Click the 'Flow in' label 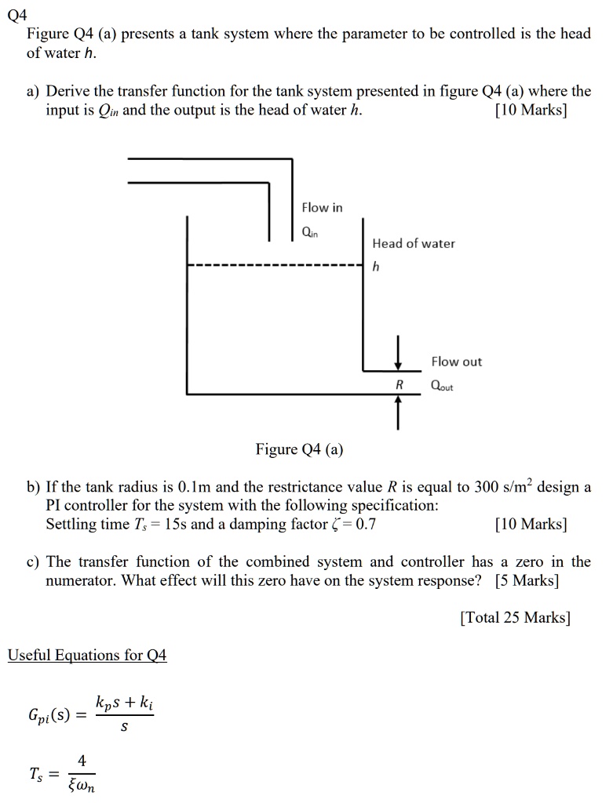pos(322,208)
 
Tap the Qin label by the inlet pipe pos(310,233)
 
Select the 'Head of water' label pos(414,244)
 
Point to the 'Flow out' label pos(456,362)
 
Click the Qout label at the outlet pos(442,387)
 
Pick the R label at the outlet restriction pos(399,386)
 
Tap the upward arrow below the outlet pos(399,412)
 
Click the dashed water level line pos(275,266)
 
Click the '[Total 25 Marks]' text pos(515,617)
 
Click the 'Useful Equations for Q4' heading pos(87,655)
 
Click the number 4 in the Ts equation pos(82,760)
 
